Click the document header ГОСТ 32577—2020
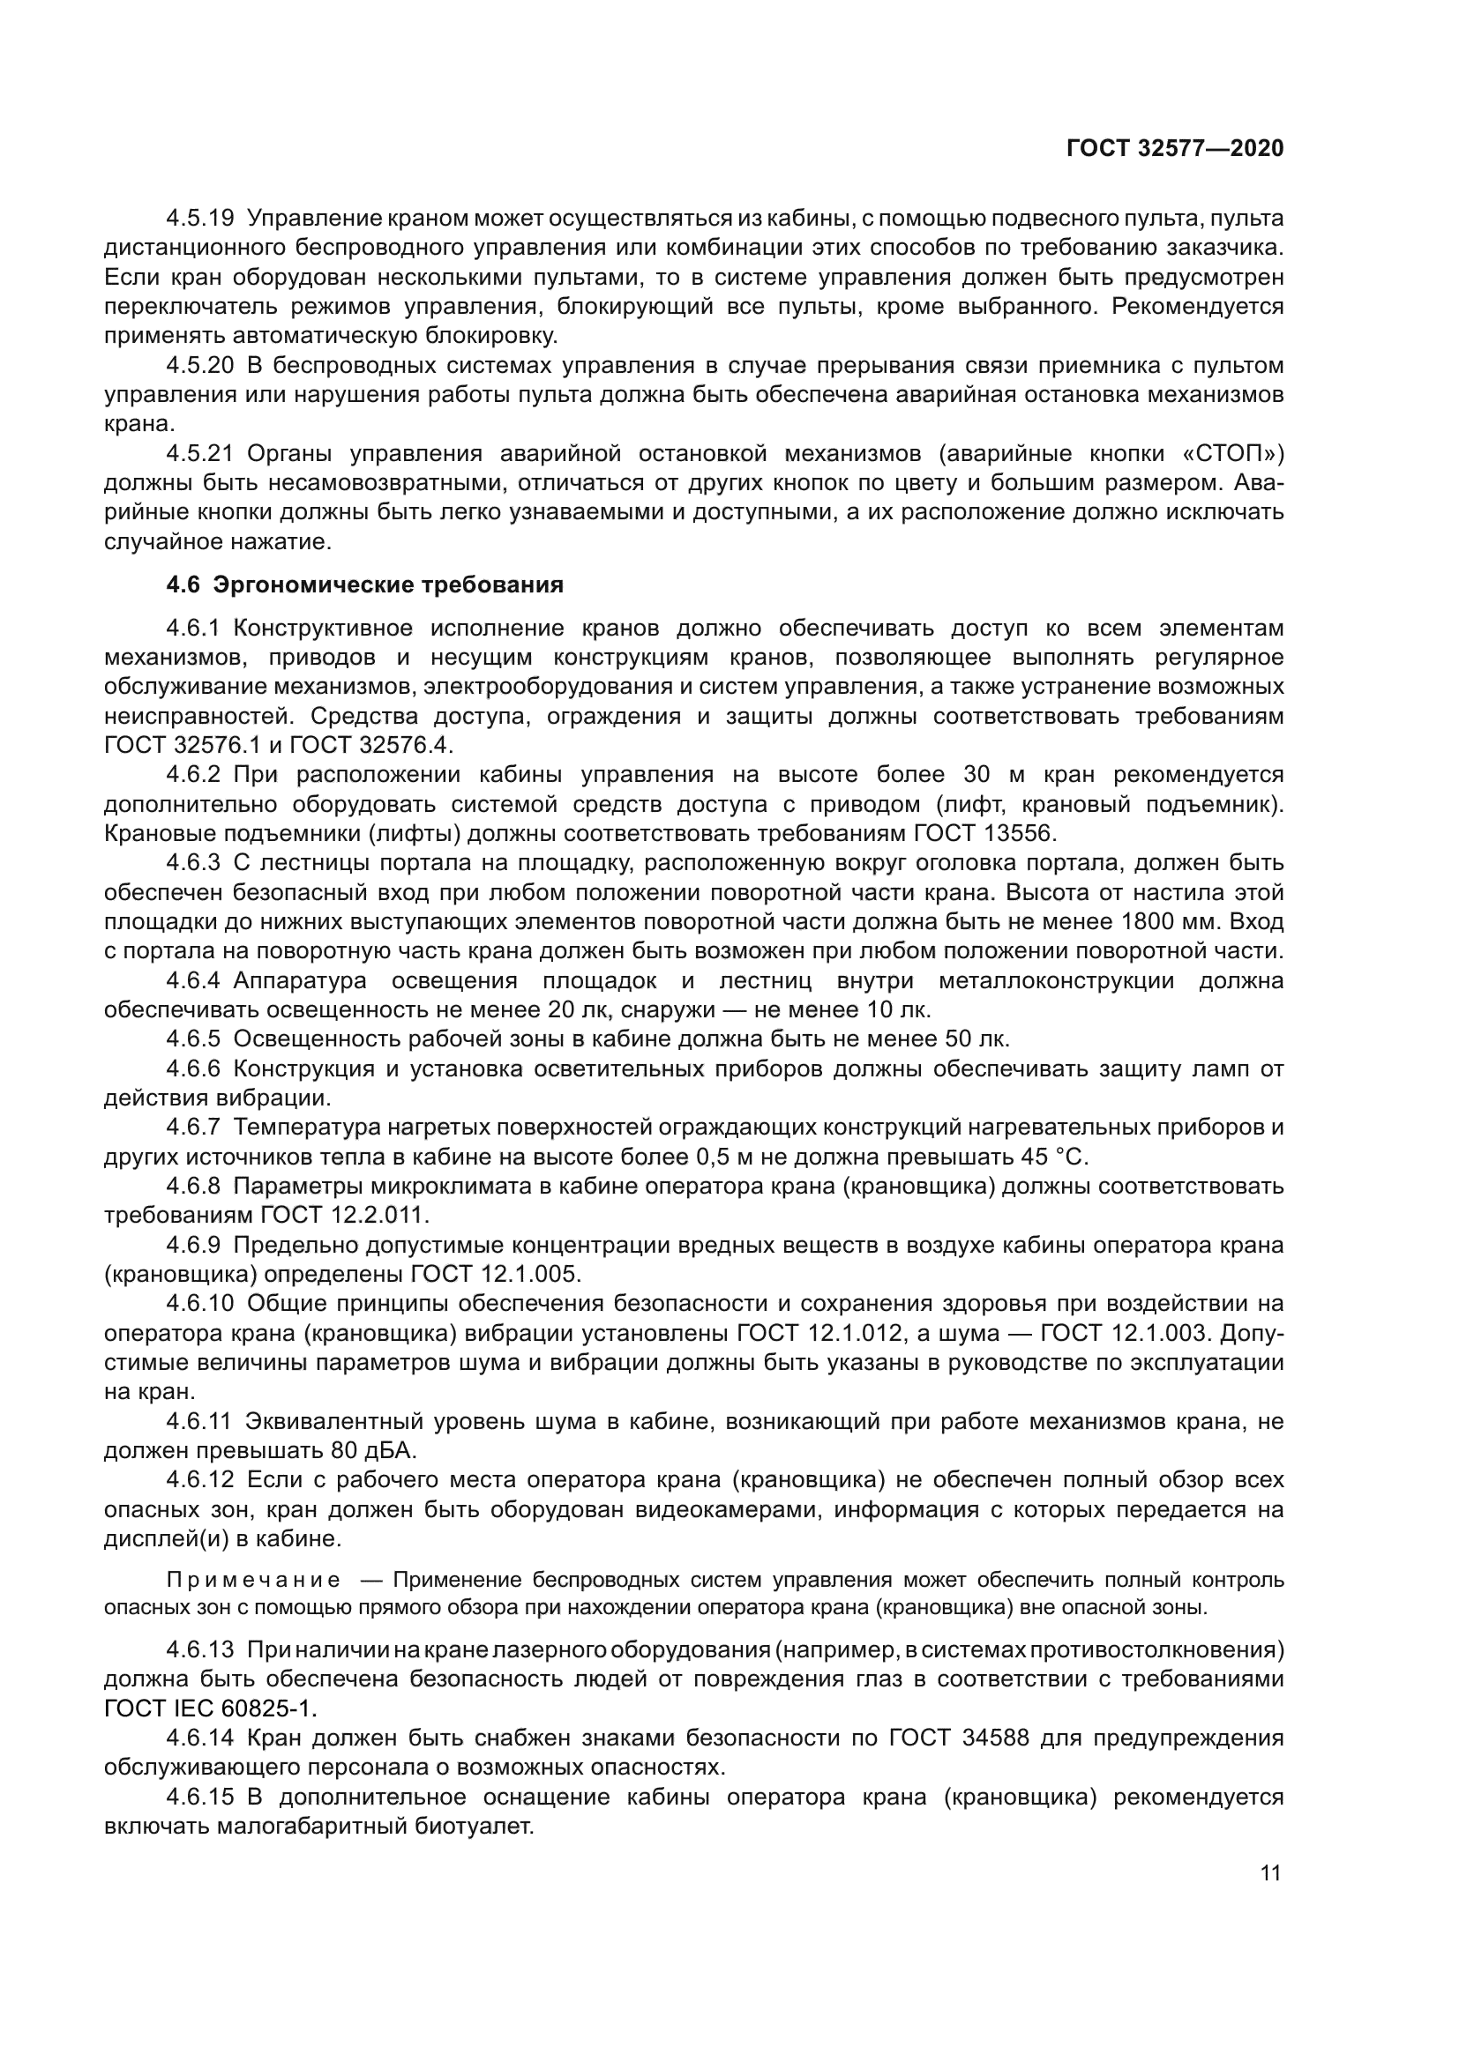tap(1174, 148)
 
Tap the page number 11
tap(1270, 1872)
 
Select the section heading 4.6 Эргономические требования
tap(365, 585)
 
